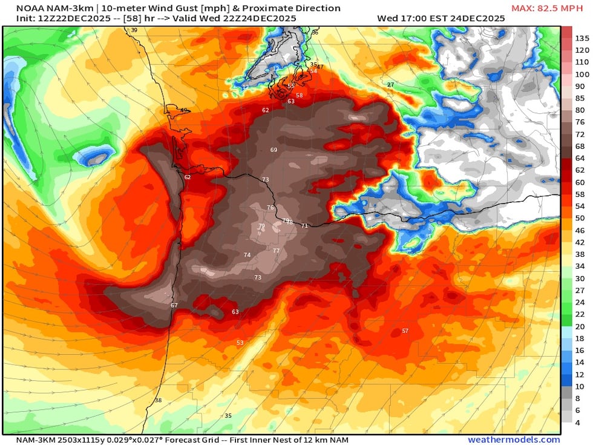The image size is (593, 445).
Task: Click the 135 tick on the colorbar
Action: [x=582, y=38]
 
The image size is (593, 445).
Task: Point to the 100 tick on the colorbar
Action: [x=582, y=74]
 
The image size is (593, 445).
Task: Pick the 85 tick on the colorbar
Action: [x=580, y=98]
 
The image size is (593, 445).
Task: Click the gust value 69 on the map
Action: [x=274, y=150]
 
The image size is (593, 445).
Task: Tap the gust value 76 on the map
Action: [x=270, y=208]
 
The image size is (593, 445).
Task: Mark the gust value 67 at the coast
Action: [x=174, y=305]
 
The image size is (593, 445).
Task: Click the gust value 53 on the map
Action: [x=240, y=343]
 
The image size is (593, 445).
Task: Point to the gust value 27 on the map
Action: [x=390, y=85]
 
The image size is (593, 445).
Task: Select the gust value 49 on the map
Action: [x=184, y=110]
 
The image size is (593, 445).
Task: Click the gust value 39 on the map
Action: [x=134, y=30]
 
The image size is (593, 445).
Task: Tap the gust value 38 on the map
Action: [x=159, y=400]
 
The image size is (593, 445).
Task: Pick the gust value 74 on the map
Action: [x=247, y=255]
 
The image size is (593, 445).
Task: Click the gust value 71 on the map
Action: [x=304, y=226]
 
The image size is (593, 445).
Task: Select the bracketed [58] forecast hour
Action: [x=128, y=18]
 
